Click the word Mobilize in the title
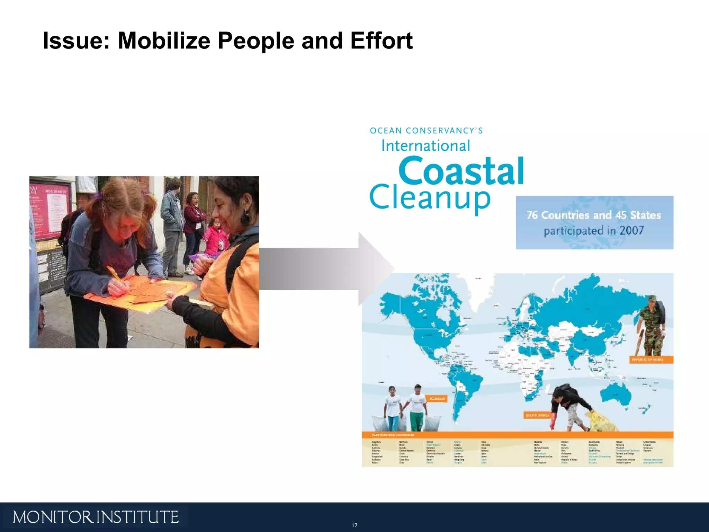pyautogui.click(x=164, y=41)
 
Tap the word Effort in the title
pyautogui.click(x=381, y=41)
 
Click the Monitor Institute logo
pyautogui.click(x=96, y=517)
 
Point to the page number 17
pyautogui.click(x=354, y=525)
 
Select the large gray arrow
pyautogui.click(x=322, y=269)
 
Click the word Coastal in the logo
pyautogui.click(x=461, y=171)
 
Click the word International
pyautogui.click(x=425, y=146)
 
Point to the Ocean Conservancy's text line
pyautogui.click(x=426, y=131)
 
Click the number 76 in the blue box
pyautogui.click(x=532, y=215)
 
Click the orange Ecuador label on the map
pyautogui.click(x=437, y=399)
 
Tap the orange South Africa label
pyautogui.click(x=537, y=415)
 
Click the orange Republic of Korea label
pyautogui.click(x=650, y=360)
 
